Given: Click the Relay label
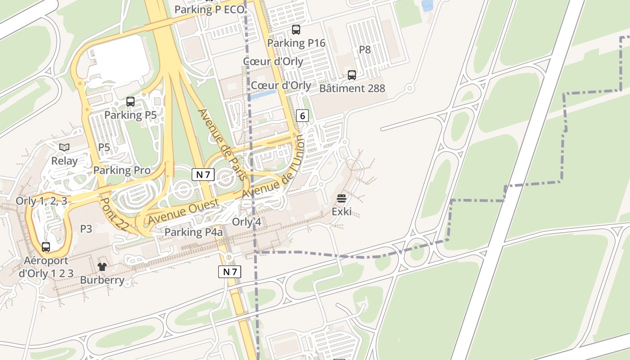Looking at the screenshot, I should [x=64, y=161].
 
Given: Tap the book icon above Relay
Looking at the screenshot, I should [x=64, y=147].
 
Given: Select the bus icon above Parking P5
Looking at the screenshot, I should [x=130, y=102].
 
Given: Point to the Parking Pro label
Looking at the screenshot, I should [x=122, y=170].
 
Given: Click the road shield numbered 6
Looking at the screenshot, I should [x=302, y=116].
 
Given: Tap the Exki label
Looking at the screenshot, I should [x=342, y=211].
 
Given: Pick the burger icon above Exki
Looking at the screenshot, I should [x=342, y=198].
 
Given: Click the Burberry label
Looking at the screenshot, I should [x=102, y=280].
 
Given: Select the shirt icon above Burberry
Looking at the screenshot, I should [x=102, y=267].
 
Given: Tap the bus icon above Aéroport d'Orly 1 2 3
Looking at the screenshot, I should [x=46, y=247].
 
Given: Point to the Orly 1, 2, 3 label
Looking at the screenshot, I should [x=41, y=201].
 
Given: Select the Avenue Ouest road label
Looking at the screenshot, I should [x=184, y=211].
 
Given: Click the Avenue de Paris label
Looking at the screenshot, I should [x=223, y=144].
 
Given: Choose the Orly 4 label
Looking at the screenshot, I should [x=246, y=222].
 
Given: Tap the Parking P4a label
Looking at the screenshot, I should [x=193, y=232].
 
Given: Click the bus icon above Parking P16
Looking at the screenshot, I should [x=296, y=30].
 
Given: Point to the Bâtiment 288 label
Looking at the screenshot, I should [x=352, y=88].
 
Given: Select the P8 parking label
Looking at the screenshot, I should [x=364, y=49].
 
